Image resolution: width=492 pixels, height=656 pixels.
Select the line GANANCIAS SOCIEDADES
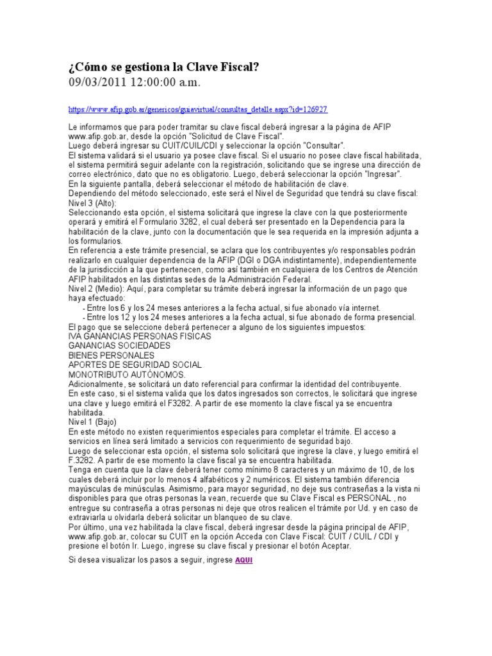[119, 346]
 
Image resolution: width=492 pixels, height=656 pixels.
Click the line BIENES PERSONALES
[111, 355]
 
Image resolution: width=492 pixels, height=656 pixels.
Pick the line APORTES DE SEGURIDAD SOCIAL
[135, 365]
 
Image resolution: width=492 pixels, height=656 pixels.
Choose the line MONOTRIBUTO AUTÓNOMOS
[126, 374]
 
